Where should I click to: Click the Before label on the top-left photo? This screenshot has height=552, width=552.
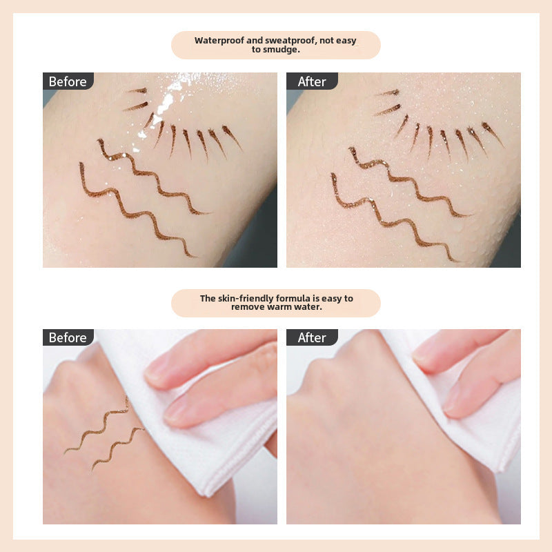pyautogui.click(x=68, y=81)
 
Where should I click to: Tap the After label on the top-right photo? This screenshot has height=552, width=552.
pyautogui.click(x=312, y=81)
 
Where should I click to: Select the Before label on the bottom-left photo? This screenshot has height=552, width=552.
pyautogui.click(x=68, y=337)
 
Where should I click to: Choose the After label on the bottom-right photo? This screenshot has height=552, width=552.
pyautogui.click(x=312, y=337)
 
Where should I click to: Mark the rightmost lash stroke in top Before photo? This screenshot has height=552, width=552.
pyautogui.click(x=232, y=137)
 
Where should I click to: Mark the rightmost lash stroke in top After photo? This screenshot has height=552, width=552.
pyautogui.click(x=492, y=134)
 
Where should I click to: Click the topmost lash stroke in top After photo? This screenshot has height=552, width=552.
pyautogui.click(x=387, y=93)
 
